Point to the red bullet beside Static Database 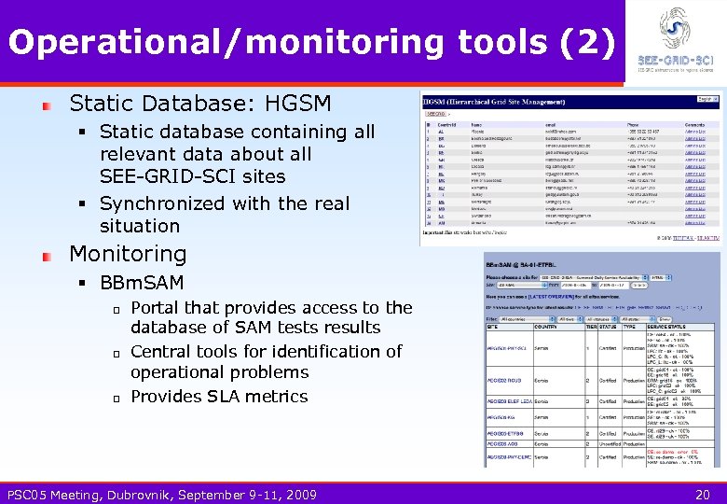(x=46, y=105)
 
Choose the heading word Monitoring (x=128, y=254)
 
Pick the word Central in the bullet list (x=163, y=352)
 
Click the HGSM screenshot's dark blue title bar (x=569, y=98)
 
